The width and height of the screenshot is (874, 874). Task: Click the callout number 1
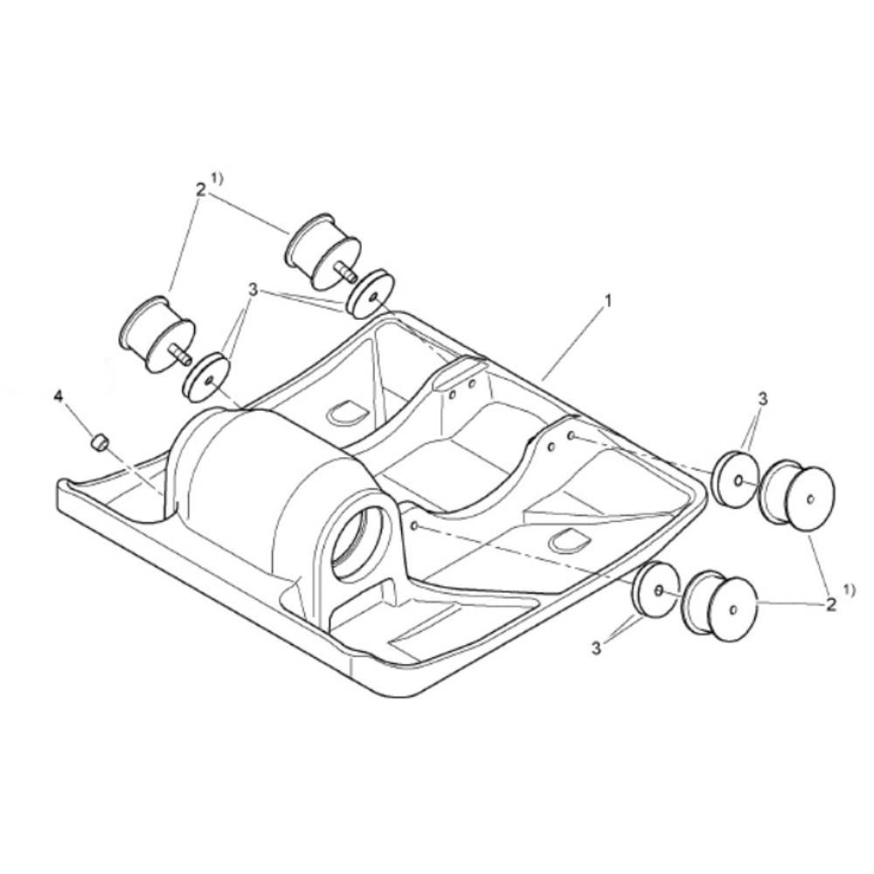pos(608,301)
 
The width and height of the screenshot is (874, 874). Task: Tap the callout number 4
pos(59,396)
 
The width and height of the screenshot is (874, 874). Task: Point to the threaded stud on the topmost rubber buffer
pos(346,274)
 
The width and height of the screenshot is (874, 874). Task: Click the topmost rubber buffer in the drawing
pos(323,252)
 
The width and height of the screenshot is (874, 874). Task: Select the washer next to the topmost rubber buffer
pos(370,295)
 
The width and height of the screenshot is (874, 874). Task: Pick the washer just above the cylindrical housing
pos(205,378)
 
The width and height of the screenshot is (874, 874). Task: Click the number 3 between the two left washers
pos(253,290)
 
